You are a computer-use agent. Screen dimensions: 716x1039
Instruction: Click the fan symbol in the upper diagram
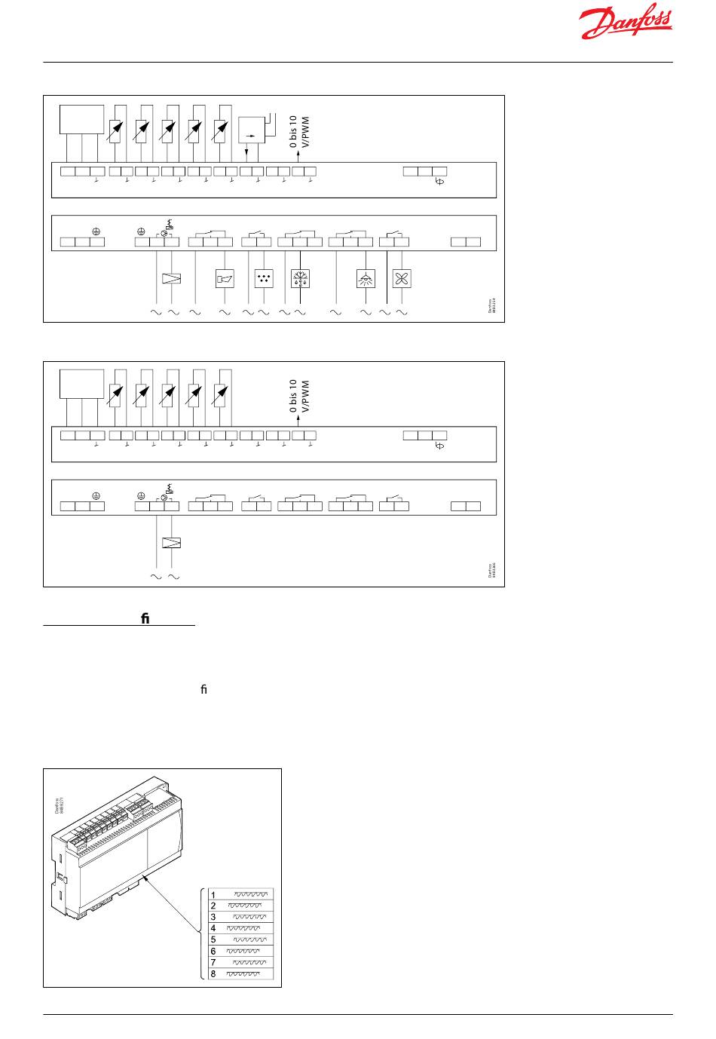coord(401,278)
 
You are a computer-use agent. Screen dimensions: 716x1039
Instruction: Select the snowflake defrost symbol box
coord(300,278)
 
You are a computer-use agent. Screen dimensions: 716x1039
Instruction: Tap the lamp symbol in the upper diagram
coord(366,278)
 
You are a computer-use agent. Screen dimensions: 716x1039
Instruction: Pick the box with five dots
coord(264,278)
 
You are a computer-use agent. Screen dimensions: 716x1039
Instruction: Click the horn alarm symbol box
coord(225,278)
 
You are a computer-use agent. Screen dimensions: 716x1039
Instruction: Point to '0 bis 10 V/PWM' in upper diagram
coord(300,133)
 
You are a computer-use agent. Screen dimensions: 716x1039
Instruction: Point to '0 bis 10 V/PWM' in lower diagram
coord(300,397)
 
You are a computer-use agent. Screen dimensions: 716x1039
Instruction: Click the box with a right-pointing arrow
coord(251,130)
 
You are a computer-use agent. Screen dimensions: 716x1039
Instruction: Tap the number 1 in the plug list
coord(213,894)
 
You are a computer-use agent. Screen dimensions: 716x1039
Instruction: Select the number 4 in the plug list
coord(213,928)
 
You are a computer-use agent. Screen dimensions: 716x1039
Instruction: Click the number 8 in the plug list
coord(213,974)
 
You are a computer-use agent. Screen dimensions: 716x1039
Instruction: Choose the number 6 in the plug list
coord(213,952)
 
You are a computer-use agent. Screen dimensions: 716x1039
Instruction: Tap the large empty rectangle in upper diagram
coord(81,119)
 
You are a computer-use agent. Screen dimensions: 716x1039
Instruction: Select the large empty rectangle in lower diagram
coord(81,384)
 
